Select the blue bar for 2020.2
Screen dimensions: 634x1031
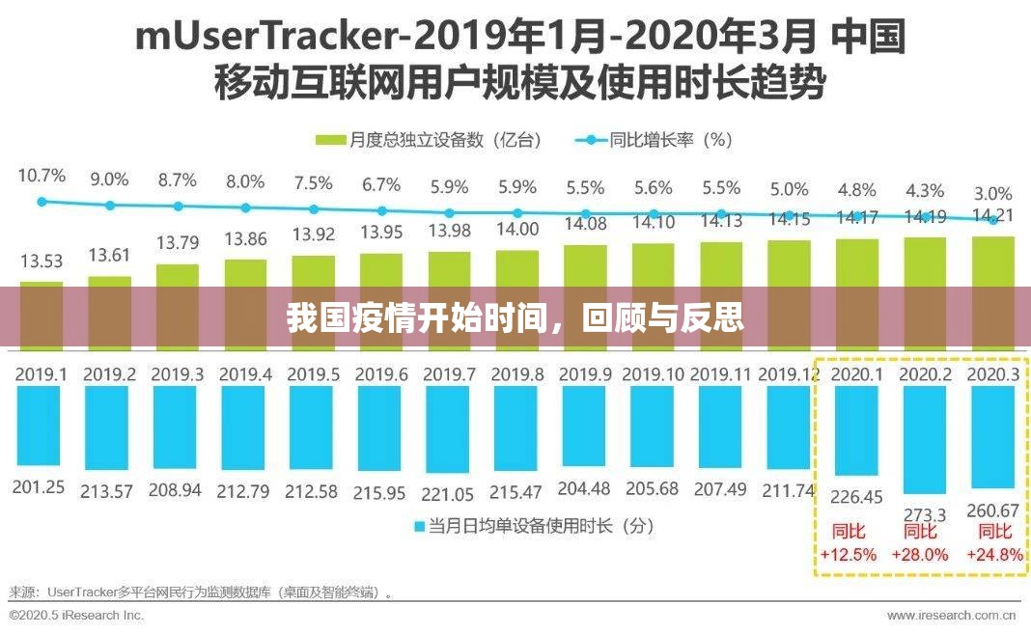(x=926, y=438)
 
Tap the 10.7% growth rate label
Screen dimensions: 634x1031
(x=42, y=176)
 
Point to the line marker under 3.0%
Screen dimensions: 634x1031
(x=993, y=220)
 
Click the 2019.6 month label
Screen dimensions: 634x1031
(x=382, y=374)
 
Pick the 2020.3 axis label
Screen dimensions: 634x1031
(x=993, y=374)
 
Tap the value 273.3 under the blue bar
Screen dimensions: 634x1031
(x=925, y=514)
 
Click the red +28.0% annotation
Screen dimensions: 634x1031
(x=925, y=554)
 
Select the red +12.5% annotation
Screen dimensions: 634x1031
(x=849, y=554)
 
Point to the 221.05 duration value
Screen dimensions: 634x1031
(x=449, y=494)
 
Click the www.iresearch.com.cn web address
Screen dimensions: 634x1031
(x=952, y=615)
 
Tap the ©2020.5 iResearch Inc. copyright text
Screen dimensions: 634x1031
(x=76, y=615)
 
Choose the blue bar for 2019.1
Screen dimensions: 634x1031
(x=42, y=425)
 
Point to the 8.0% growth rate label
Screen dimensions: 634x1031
(x=245, y=180)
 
